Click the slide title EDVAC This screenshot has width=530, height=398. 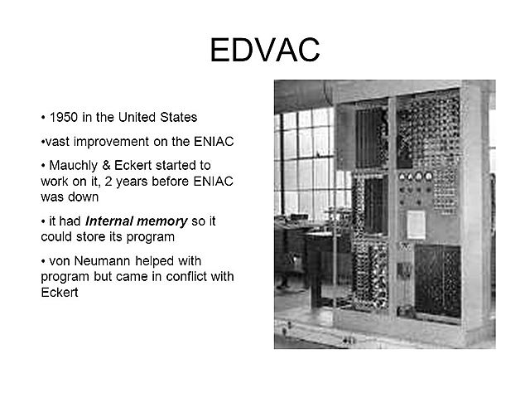point(265,51)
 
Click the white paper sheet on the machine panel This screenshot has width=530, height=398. point(416,222)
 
